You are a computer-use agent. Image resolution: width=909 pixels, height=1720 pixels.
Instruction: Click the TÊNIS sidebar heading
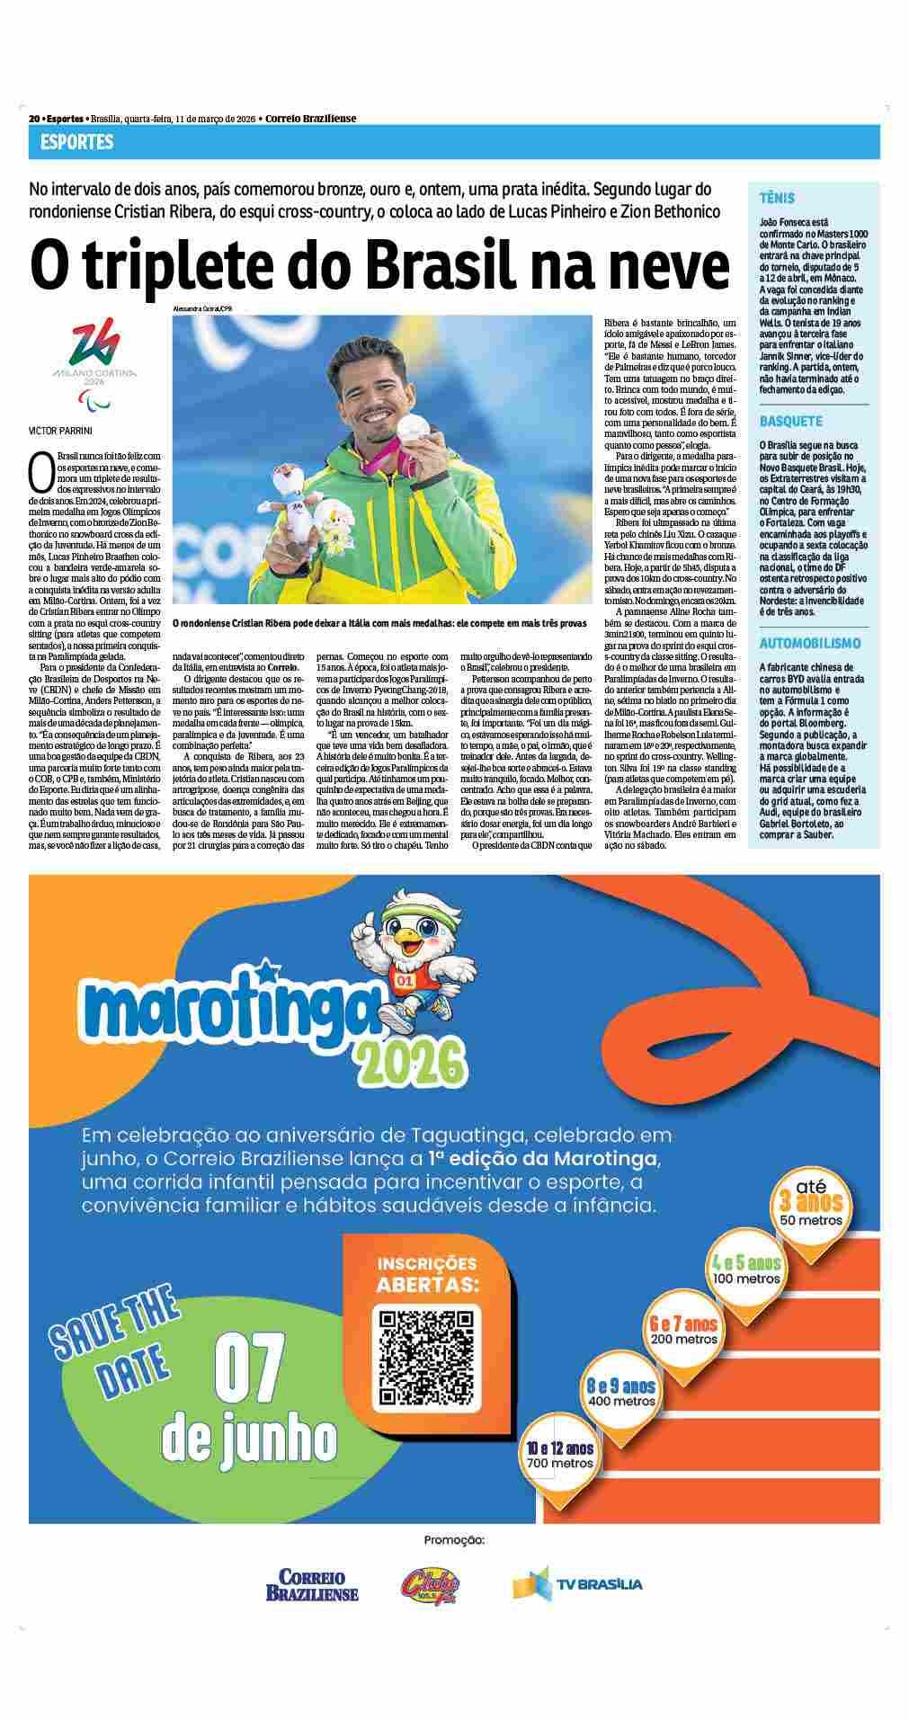tap(777, 198)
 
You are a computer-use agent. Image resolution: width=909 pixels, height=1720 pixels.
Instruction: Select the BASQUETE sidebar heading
tap(790, 420)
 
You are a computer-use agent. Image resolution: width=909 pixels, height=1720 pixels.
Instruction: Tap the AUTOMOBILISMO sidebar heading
tap(809, 643)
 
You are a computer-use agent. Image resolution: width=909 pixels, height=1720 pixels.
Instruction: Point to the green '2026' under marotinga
tap(413, 1064)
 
